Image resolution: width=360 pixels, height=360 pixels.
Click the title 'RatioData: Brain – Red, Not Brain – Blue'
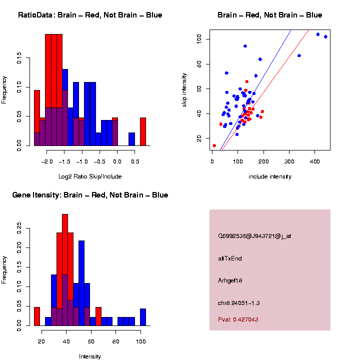(90, 15)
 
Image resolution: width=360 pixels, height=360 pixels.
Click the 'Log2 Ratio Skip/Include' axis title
(90, 176)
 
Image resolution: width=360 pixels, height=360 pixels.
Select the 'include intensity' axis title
(270, 176)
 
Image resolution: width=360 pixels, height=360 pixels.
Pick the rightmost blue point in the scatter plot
(325, 37)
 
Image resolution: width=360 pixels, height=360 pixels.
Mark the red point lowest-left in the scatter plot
(214, 146)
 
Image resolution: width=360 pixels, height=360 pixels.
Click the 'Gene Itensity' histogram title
(90, 195)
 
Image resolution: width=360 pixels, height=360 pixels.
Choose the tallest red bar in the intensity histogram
(65, 270)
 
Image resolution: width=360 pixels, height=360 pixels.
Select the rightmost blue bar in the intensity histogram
(143, 317)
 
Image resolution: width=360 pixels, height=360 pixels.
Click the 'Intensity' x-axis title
(90, 356)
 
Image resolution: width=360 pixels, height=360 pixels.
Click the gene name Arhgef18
(230, 280)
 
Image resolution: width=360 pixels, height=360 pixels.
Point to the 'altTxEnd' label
(230, 258)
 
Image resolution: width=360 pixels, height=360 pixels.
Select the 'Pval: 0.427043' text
(238, 319)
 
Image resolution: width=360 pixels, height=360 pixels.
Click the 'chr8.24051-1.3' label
(239, 303)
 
